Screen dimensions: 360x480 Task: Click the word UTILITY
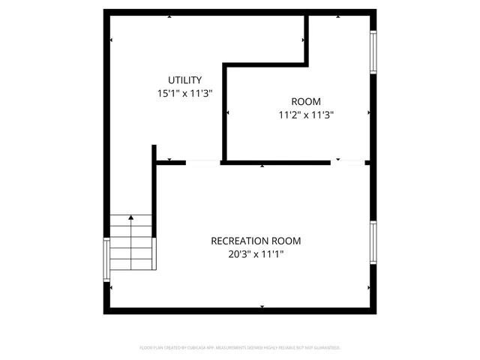pyautogui.click(x=184, y=80)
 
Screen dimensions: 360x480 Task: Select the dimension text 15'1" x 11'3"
pyautogui.click(x=184, y=94)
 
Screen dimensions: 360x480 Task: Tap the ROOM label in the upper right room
pyautogui.click(x=305, y=102)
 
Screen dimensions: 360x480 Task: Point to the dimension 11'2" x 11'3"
pyautogui.click(x=305, y=115)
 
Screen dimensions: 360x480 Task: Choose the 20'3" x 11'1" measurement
pyautogui.click(x=256, y=254)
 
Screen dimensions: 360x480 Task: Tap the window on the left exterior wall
pyautogui.click(x=106, y=259)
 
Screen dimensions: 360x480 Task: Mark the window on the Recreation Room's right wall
pyautogui.click(x=373, y=242)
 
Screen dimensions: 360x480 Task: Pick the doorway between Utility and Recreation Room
pyautogui.click(x=203, y=162)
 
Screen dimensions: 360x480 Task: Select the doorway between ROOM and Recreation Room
pyautogui.click(x=347, y=162)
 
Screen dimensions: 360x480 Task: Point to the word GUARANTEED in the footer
pyautogui.click(x=325, y=348)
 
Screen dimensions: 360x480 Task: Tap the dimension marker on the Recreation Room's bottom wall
pyautogui.click(x=262, y=306)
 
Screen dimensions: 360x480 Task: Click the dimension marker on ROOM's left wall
pyautogui.click(x=227, y=113)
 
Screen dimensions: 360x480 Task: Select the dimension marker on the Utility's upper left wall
pyautogui.click(x=111, y=39)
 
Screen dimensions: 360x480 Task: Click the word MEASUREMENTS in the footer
pyautogui.click(x=241, y=348)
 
